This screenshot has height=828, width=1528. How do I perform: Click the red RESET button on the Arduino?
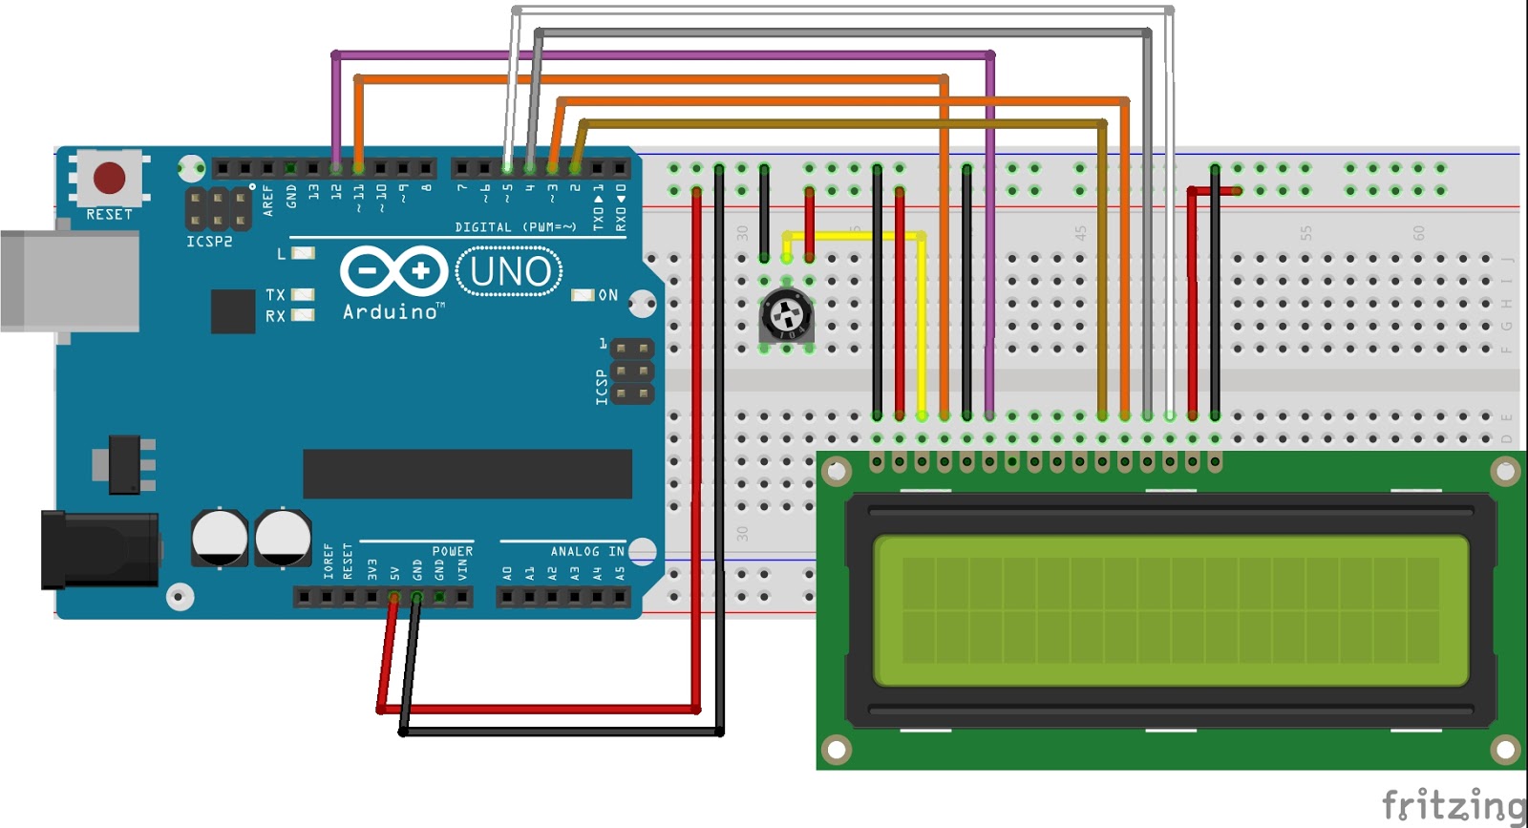pos(109,178)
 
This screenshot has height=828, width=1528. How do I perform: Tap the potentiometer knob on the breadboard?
pos(786,314)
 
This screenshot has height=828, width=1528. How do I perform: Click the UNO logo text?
pos(510,272)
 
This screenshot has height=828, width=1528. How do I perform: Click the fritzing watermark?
pos(1453,804)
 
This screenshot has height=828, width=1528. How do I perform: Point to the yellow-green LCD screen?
pos(1170,610)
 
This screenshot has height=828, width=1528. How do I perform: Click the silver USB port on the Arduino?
pos(67,282)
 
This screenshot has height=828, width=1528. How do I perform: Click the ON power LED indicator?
pos(583,295)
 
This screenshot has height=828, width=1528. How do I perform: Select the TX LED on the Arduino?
pos(303,295)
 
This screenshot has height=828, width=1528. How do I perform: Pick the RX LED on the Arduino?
pos(303,315)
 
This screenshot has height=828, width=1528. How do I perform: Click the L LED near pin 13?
pos(303,254)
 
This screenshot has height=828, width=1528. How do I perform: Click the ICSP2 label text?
pos(209,242)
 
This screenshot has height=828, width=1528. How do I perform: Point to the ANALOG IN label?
pos(586,551)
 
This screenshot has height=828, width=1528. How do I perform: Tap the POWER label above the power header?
pos(452,551)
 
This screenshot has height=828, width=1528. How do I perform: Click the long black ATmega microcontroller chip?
pos(467,474)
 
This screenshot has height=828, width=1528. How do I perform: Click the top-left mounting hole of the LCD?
pos(838,471)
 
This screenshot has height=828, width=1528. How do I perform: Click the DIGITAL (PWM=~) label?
pos(515,227)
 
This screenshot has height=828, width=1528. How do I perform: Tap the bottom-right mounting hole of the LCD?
pos(1505,749)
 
